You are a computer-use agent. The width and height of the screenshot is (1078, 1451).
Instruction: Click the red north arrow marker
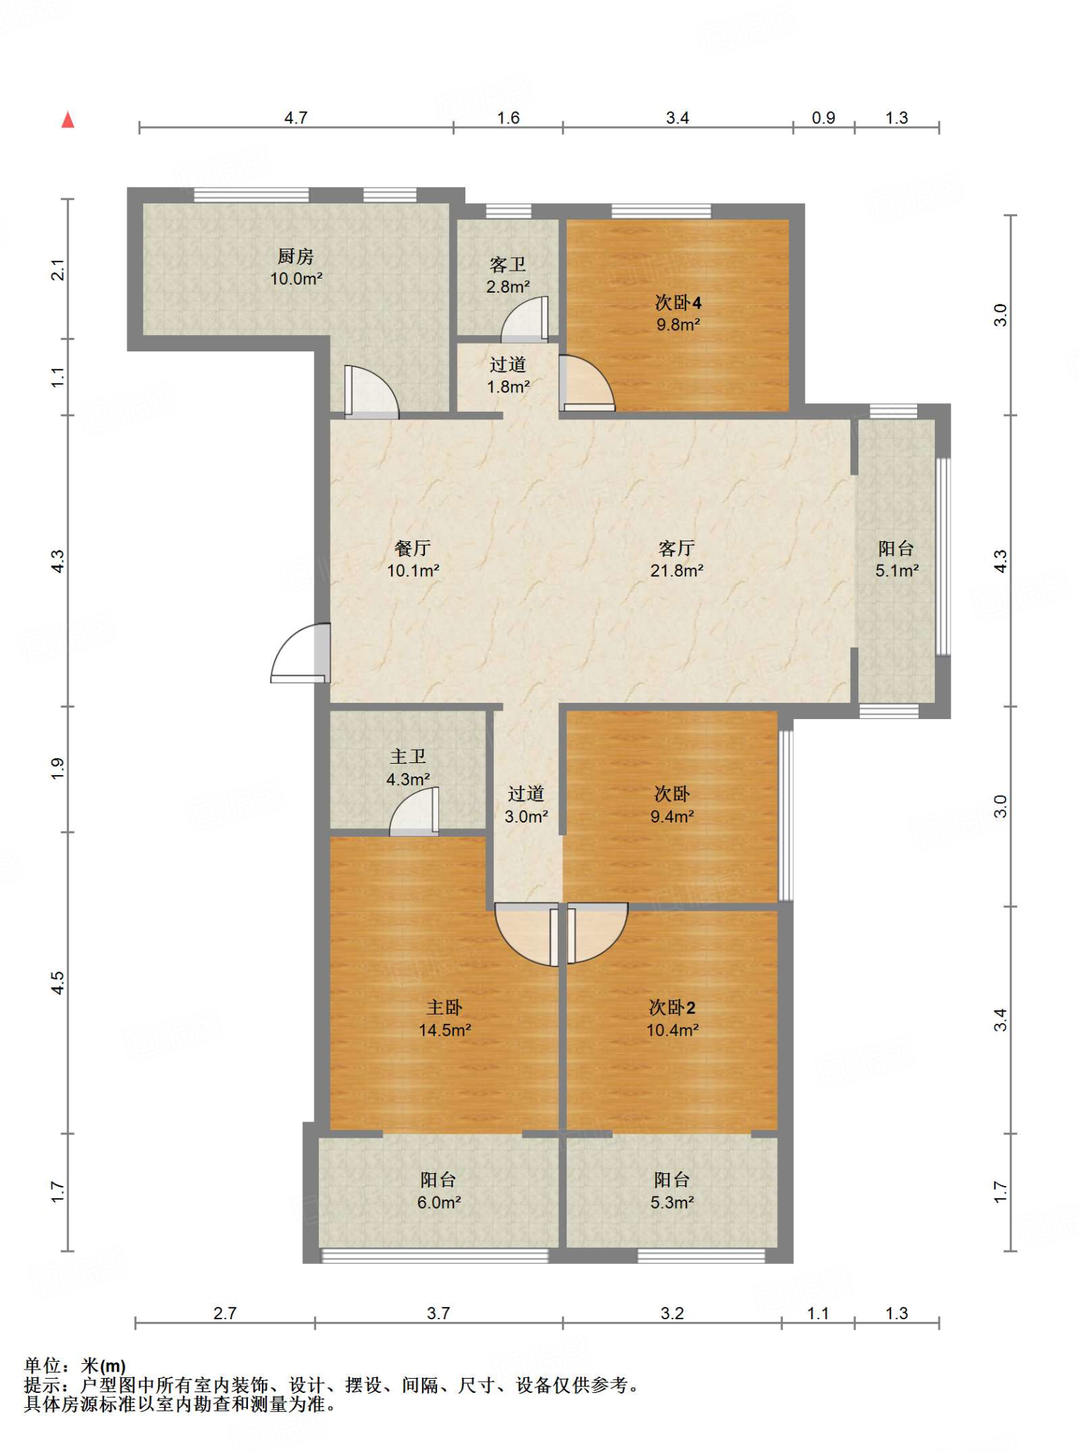click(68, 120)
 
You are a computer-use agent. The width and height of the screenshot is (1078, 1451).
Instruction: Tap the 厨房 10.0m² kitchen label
click(296, 267)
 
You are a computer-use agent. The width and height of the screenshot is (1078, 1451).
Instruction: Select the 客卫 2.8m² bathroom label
click(508, 276)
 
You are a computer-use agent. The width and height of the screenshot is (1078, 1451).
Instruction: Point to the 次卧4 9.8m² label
click(678, 313)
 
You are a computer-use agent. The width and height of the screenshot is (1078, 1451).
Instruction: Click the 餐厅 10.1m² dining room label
click(413, 559)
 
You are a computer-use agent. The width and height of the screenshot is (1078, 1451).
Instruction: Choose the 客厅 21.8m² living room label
click(676, 559)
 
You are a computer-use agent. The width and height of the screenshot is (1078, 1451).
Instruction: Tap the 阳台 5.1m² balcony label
click(897, 559)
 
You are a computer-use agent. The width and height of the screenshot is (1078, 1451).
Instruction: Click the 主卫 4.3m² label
click(408, 768)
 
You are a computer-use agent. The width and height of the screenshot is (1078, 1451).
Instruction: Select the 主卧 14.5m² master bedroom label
click(445, 1018)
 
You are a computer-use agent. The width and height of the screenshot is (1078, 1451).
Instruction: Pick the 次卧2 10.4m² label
click(672, 1018)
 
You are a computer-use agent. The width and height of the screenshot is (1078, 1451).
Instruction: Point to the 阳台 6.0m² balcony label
click(438, 1190)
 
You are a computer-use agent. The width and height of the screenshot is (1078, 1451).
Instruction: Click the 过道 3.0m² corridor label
click(526, 805)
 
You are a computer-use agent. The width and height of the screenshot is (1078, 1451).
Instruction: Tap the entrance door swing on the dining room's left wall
click(300, 653)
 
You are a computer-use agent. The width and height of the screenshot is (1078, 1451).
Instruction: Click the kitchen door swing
click(371, 390)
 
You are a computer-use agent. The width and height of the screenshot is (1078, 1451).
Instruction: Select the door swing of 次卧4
click(586, 383)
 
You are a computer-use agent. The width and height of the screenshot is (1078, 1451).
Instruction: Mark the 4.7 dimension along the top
click(295, 118)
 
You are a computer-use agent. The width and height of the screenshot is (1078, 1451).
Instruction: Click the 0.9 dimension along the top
click(823, 118)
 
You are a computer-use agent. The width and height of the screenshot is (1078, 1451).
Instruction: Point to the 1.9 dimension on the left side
click(57, 769)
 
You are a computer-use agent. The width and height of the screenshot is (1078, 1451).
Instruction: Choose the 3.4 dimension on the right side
click(999, 1020)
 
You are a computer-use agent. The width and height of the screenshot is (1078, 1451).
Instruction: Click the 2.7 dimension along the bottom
click(225, 1313)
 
